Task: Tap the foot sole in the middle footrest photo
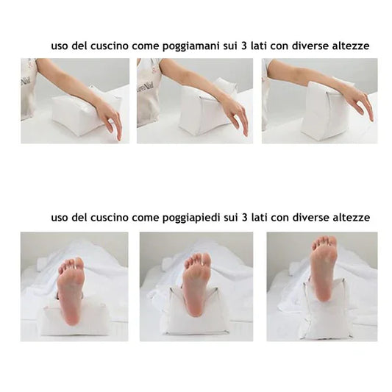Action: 196,283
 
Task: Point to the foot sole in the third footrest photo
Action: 323,268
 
